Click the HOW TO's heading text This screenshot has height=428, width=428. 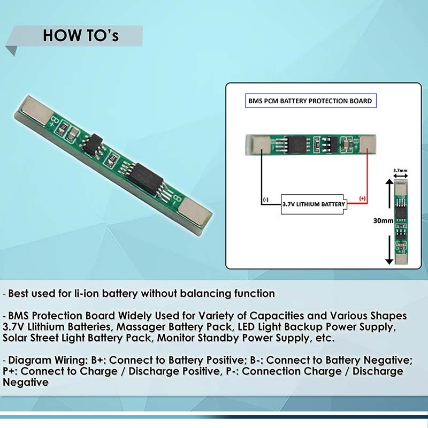(81, 35)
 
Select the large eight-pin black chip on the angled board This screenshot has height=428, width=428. (146, 179)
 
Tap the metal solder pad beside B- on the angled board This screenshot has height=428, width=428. (195, 212)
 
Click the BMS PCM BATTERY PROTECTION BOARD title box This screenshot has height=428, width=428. (311, 101)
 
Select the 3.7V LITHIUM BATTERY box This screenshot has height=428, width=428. (314, 204)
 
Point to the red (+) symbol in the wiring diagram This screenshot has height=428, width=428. (362, 198)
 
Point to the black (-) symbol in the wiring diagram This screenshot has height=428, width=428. (265, 200)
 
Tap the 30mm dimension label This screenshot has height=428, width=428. (383, 220)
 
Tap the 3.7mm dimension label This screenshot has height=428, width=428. (400, 170)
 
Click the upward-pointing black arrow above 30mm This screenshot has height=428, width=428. (389, 193)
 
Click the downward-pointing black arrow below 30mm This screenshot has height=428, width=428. (389, 250)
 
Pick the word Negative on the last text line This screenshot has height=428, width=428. (26, 382)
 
